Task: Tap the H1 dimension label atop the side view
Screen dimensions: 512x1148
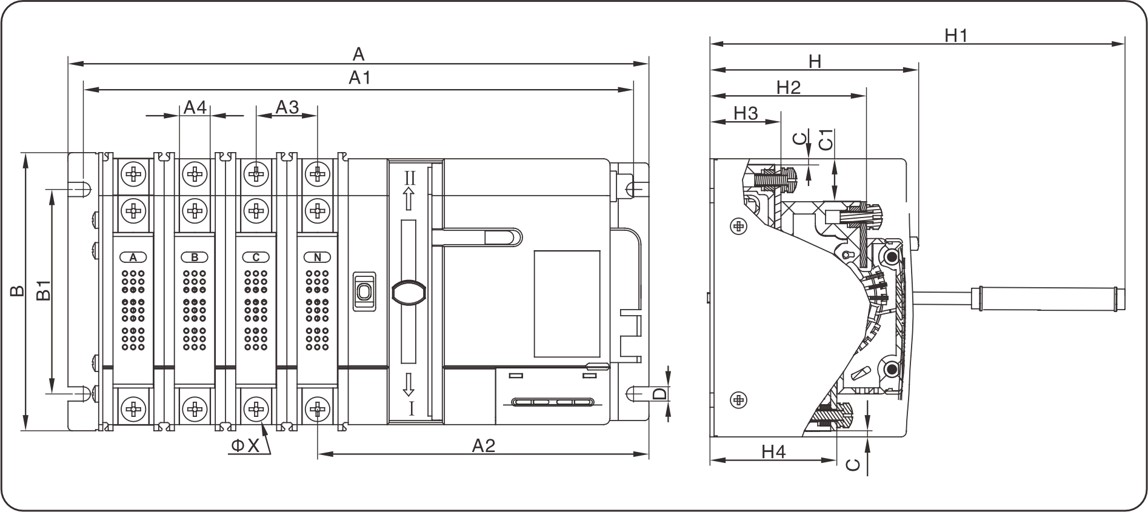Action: click(x=958, y=32)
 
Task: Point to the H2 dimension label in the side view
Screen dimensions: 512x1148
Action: click(x=815, y=61)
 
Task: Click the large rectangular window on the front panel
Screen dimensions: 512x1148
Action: click(x=567, y=302)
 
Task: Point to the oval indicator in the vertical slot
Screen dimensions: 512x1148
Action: click(x=409, y=294)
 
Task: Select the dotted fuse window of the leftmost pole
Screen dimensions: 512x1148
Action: click(x=133, y=303)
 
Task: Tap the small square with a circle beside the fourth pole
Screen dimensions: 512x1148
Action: click(x=363, y=293)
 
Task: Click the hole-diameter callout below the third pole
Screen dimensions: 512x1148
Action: click(x=248, y=448)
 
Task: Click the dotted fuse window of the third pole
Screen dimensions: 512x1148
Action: click(x=256, y=303)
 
